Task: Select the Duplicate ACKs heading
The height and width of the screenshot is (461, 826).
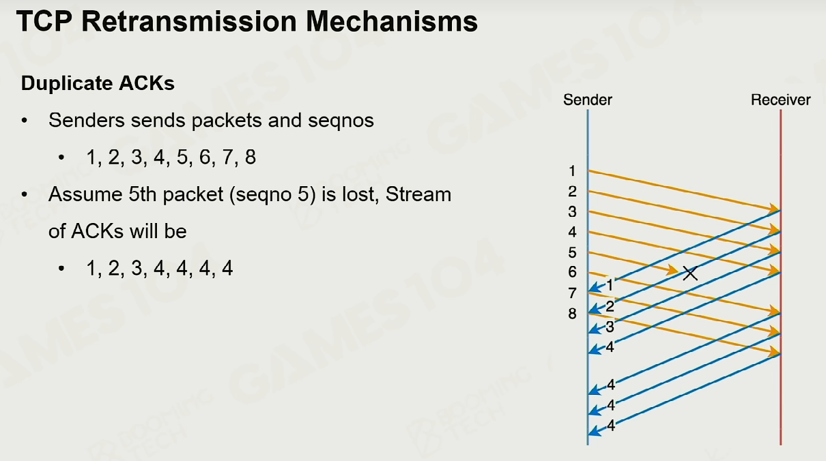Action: tap(98, 83)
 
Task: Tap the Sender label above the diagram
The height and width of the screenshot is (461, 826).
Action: tap(588, 100)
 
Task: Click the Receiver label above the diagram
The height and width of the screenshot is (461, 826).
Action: tap(781, 100)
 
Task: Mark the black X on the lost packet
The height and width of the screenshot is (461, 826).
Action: tap(690, 273)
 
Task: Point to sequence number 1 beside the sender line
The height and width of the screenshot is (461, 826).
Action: tap(572, 171)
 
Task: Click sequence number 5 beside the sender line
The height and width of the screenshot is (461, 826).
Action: tap(572, 253)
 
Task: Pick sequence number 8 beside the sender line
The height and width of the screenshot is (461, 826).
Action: tap(572, 314)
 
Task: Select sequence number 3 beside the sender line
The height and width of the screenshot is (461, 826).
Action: tap(572, 212)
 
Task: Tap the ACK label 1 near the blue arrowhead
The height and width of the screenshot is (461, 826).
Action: tap(610, 285)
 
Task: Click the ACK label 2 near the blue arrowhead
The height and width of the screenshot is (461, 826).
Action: tap(610, 306)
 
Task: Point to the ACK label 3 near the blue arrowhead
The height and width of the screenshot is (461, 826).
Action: tap(610, 327)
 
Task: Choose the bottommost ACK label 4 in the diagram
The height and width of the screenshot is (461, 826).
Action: tap(611, 426)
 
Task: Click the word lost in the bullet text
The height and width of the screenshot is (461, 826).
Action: tap(360, 194)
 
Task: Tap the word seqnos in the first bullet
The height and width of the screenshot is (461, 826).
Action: tap(341, 121)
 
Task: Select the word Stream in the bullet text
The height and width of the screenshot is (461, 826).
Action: tap(418, 194)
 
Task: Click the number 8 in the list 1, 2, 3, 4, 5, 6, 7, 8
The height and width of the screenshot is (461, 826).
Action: tap(251, 158)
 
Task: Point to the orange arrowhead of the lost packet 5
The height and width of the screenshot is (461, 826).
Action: tap(673, 271)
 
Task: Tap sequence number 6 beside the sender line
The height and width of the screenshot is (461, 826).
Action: tap(572, 272)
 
